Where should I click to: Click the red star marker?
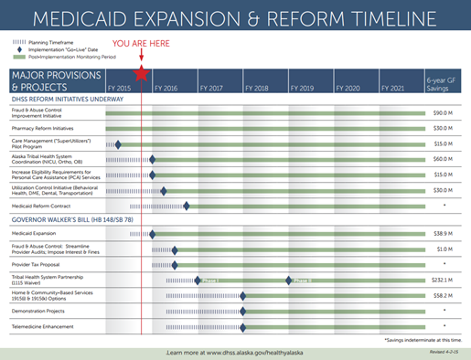point(141,75)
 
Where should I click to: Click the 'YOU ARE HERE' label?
point(141,44)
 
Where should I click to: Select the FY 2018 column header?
point(256,88)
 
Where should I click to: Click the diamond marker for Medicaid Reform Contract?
point(187,206)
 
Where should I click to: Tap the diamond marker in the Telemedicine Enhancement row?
point(242,325)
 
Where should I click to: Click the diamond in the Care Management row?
point(119,143)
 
